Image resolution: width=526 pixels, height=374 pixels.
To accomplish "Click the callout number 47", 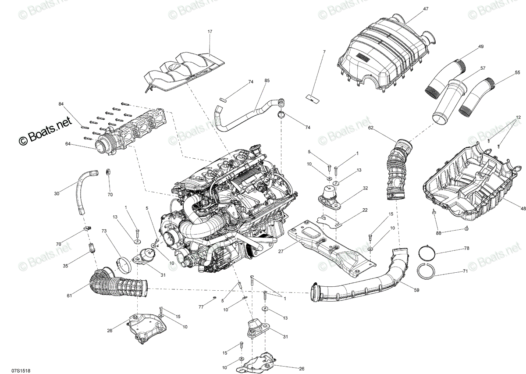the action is [x=426, y=9].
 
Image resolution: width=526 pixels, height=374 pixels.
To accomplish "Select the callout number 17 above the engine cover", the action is [x=210, y=32].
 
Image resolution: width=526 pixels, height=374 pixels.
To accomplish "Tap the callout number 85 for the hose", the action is [x=267, y=81].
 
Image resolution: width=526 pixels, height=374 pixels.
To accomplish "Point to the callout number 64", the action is [x=68, y=144].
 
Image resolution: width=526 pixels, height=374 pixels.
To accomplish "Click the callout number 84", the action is [x=61, y=104].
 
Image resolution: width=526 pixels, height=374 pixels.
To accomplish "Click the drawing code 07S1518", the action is [x=21, y=370].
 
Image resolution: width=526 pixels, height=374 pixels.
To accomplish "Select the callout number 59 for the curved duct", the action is [x=416, y=290].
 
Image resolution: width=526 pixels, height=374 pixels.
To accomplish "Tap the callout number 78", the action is [x=466, y=248].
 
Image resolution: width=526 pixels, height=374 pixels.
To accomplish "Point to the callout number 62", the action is [x=370, y=128].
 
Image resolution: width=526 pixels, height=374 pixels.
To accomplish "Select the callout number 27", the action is [x=281, y=252].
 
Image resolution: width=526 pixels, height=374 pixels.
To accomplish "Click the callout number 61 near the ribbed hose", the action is [x=69, y=296].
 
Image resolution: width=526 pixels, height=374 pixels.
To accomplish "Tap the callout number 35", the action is [x=65, y=266].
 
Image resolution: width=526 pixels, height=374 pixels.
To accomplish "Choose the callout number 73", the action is [x=104, y=231].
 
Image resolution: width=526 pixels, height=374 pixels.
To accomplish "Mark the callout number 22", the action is [x=365, y=210].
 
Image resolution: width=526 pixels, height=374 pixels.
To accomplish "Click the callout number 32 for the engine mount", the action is [x=365, y=189].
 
